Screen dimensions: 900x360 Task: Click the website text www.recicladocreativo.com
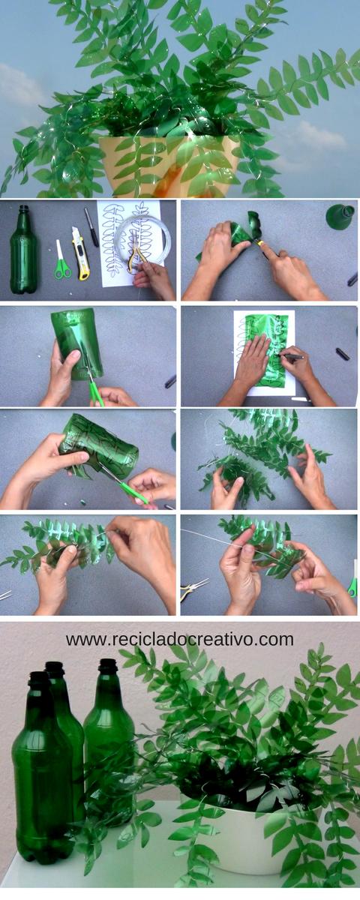[x=179, y=640]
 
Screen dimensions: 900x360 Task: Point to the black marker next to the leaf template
[x=91, y=226]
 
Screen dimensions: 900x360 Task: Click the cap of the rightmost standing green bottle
[x=109, y=666]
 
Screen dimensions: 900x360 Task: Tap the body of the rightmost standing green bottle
[x=109, y=742]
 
